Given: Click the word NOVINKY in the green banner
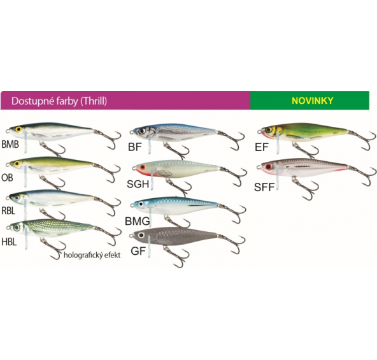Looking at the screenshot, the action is point(312,101).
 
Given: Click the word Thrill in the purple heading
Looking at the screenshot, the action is point(94,101).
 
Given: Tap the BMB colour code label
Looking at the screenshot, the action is point(10,145).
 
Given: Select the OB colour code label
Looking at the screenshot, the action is point(7,178).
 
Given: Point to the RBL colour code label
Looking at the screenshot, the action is point(8,211).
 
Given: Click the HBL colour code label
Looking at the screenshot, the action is point(9,242).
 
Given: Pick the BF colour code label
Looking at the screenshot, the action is point(135,147).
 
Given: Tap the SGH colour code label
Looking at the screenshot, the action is point(138,184).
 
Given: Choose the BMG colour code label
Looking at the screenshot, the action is point(138,221).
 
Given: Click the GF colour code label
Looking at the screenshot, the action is point(138,251).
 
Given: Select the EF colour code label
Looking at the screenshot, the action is point(262,147).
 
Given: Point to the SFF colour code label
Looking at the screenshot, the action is point(264,187).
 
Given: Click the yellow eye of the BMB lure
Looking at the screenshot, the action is point(18,129).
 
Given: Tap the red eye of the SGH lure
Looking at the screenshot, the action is point(143,167).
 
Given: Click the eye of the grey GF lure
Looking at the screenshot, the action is point(141,235).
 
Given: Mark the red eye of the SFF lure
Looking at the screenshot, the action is point(268,166).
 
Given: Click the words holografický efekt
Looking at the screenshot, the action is point(92,255).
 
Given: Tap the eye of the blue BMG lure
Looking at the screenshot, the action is point(141,205).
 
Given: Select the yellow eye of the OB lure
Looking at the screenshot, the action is point(17,164).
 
